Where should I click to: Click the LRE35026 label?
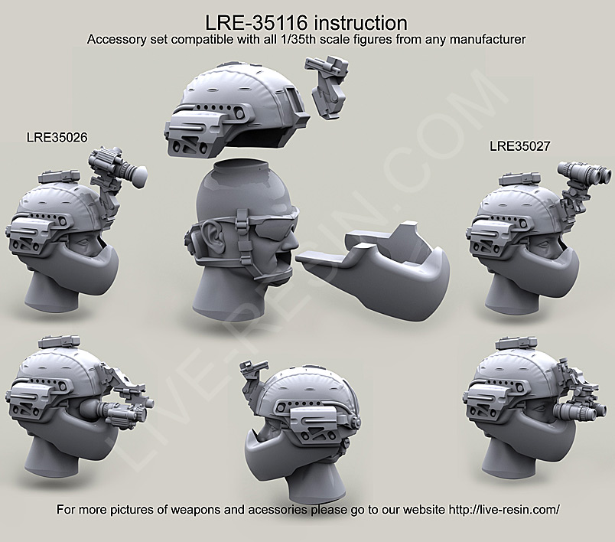(57, 138)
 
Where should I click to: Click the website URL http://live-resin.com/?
(493, 511)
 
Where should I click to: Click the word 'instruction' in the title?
(360, 21)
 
